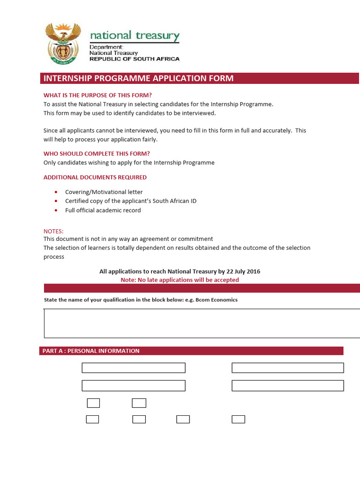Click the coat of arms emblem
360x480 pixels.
[62, 43]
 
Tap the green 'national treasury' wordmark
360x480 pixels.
[134, 36]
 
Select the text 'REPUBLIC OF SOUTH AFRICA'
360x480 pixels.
[134, 59]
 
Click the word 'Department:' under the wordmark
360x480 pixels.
[106, 47]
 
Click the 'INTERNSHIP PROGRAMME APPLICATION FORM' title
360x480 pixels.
[138, 78]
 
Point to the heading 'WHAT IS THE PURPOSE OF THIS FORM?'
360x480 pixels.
[97, 95]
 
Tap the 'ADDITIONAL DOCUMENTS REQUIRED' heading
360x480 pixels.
[95, 178]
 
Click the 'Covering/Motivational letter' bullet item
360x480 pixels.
[104, 192]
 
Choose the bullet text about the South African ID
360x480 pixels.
[131, 201]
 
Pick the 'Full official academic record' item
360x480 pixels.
[103, 210]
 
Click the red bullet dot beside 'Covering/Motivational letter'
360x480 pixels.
[56, 192]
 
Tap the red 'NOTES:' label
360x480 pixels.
[53, 232]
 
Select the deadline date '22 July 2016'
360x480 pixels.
[242, 271]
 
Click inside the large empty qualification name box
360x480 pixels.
[202, 323]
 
